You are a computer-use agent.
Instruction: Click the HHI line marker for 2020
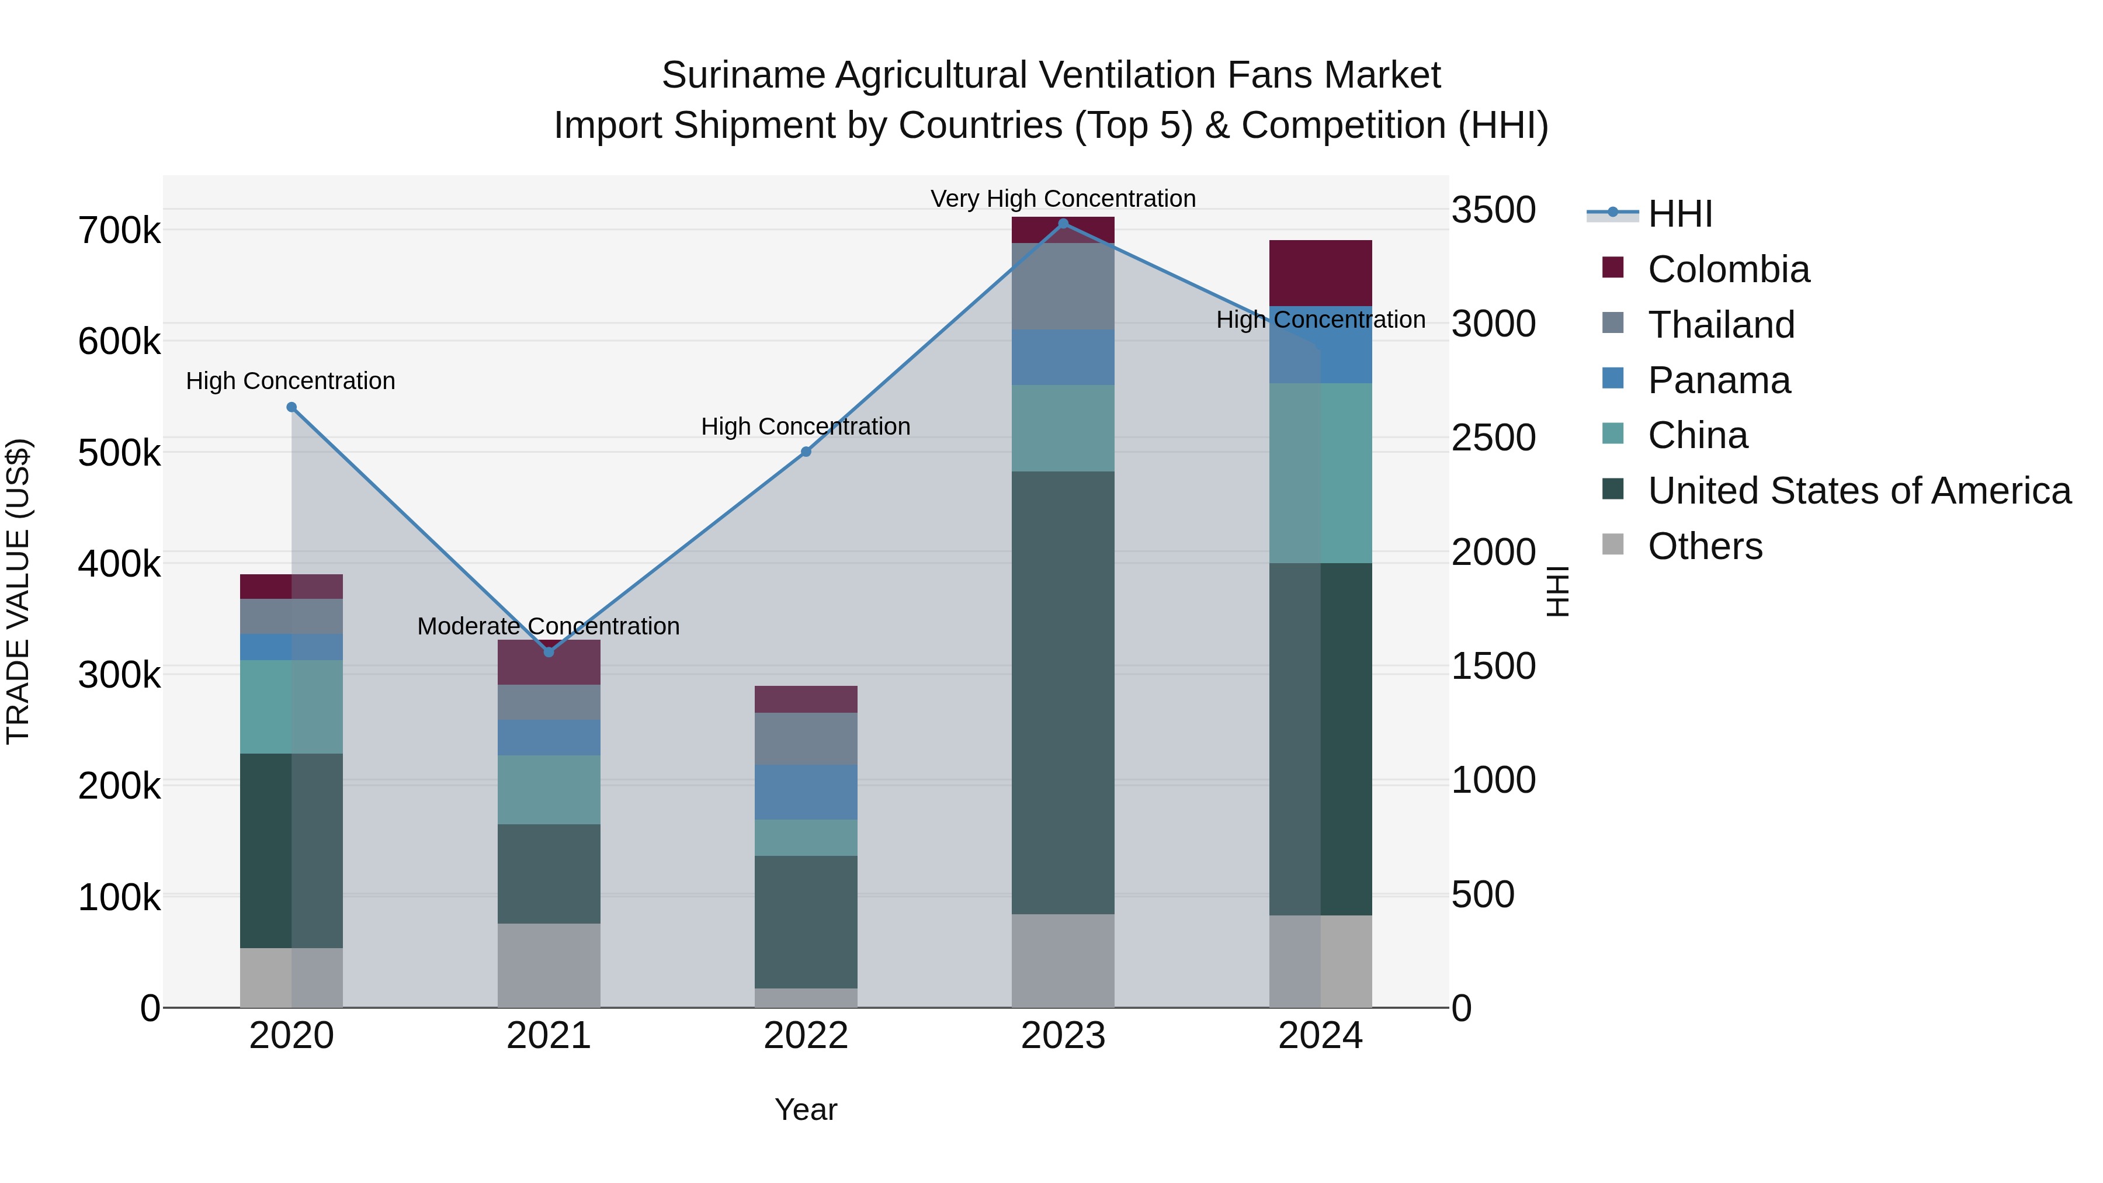(x=291, y=407)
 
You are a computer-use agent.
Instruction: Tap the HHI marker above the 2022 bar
(x=806, y=452)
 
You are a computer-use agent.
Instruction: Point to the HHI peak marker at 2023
(x=1063, y=223)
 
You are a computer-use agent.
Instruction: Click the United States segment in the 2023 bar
(x=1063, y=692)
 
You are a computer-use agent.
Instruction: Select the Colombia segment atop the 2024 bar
(x=1320, y=273)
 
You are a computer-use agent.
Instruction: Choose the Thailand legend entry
(x=1720, y=324)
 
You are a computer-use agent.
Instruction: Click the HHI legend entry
(x=1679, y=214)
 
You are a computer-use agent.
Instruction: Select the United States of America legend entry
(x=1859, y=491)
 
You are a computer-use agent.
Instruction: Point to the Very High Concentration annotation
(x=1063, y=199)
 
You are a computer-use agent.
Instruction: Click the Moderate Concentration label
(x=548, y=626)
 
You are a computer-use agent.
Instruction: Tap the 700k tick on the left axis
(x=119, y=231)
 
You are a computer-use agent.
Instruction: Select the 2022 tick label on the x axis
(x=806, y=1036)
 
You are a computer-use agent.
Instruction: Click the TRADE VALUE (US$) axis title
(x=19, y=591)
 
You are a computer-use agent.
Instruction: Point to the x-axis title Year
(x=806, y=1109)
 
